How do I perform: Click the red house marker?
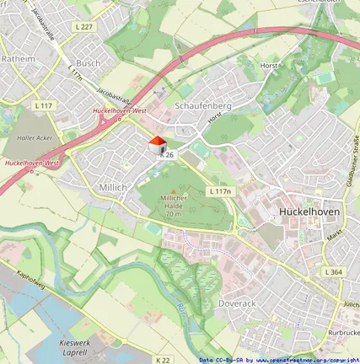[x=157, y=144]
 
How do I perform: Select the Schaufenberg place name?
[x=202, y=105]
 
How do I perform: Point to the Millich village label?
[x=114, y=186]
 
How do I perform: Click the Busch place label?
[x=88, y=62]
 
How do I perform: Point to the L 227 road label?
[x=83, y=28]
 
